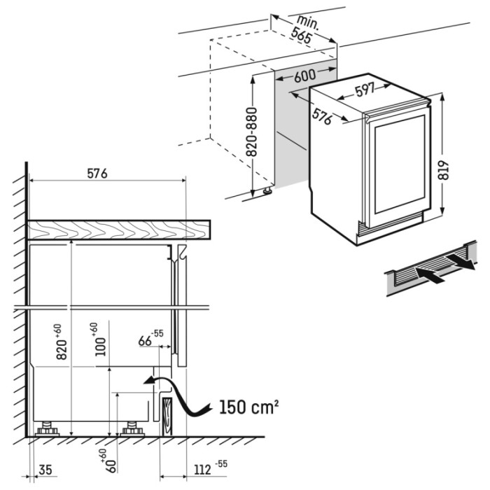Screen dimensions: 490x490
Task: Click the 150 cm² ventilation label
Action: [248, 407]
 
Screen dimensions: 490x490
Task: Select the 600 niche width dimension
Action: [305, 76]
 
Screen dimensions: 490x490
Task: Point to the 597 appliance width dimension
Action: [365, 90]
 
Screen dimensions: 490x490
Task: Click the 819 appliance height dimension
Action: [443, 170]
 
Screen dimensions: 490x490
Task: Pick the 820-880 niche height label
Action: [251, 132]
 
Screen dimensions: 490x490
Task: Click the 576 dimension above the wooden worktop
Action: [97, 174]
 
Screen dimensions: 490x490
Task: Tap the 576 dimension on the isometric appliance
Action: [322, 116]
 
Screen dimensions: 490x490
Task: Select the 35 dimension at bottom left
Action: [45, 470]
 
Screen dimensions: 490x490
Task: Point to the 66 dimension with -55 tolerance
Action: [150, 338]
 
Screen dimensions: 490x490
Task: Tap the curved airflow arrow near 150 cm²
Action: [177, 395]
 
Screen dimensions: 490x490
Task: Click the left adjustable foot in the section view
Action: [47, 428]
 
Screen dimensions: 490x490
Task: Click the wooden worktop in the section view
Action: [119, 230]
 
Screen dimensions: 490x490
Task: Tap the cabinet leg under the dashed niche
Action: [268, 190]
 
